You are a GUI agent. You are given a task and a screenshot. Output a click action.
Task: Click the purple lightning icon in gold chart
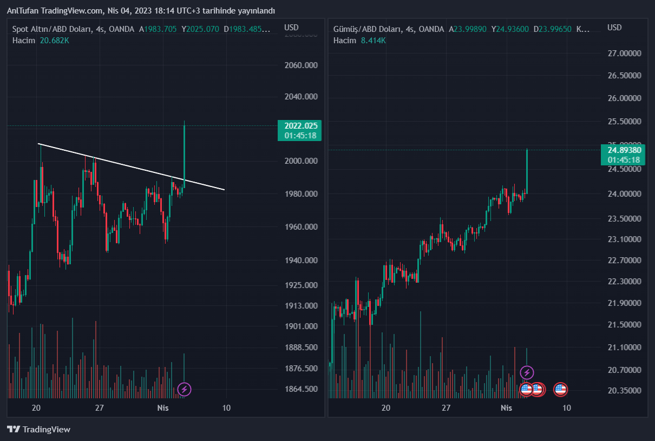(184, 389)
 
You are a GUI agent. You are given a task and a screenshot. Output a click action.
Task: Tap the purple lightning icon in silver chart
(527, 372)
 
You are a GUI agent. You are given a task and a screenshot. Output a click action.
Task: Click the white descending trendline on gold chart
(130, 166)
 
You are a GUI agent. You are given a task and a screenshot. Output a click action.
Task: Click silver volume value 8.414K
(373, 41)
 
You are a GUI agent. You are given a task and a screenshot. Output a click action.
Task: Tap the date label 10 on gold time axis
(226, 407)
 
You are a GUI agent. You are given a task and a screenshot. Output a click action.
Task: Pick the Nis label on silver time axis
(506, 407)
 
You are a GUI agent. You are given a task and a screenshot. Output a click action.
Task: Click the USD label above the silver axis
(614, 28)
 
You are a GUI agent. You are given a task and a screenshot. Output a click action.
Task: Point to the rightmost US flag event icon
(560, 389)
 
